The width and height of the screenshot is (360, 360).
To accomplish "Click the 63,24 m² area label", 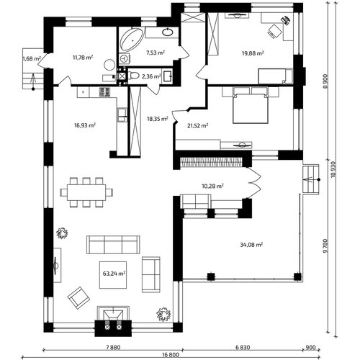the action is coord(114,274).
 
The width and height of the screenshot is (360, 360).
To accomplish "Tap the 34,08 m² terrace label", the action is coord(251,245).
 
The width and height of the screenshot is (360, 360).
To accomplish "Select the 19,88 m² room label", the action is coord(253,53).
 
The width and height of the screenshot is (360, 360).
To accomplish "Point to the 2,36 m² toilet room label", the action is coord(151,76).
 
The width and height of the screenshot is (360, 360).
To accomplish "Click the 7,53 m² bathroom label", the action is coord(156,53).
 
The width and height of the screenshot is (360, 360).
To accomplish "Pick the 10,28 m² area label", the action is coord(213,186).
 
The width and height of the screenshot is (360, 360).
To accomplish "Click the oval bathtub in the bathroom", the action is coord(131,40).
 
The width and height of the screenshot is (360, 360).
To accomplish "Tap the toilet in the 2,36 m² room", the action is coord(134,76).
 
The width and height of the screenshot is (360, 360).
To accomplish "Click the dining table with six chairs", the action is coord(86,192).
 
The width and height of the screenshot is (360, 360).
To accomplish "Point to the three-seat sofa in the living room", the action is coord(113,245).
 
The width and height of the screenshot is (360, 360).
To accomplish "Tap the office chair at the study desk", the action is coord(275,31).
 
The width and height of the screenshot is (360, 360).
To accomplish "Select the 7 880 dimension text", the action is coord(113,347).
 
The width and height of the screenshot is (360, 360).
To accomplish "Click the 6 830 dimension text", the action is coord(243,347).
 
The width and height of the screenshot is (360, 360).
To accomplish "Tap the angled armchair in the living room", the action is coord(78,298).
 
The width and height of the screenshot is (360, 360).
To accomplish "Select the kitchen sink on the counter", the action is coord(122,114).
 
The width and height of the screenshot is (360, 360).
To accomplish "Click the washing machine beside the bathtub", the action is coord(125,58).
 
